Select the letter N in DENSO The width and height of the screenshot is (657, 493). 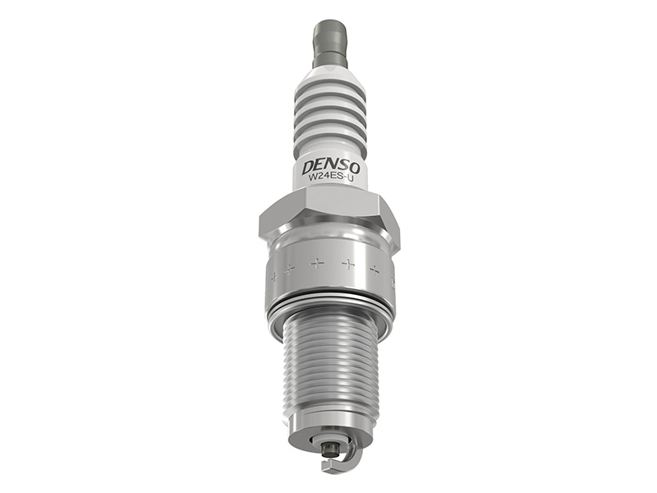(x=331, y=167)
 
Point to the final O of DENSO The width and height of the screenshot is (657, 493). (x=354, y=168)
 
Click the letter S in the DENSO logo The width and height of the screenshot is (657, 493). (x=342, y=168)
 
